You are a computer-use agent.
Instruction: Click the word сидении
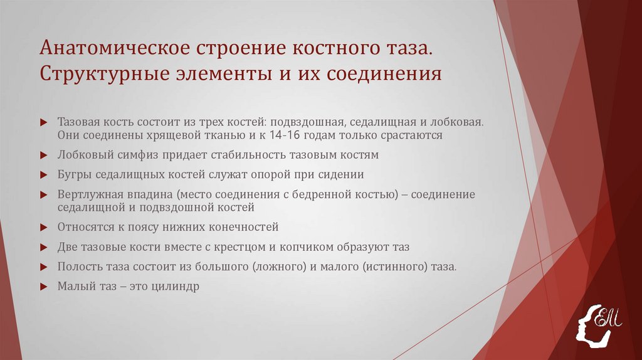coord(341,174)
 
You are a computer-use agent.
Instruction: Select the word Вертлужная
coord(89,194)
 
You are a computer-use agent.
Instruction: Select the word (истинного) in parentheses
coord(387,267)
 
